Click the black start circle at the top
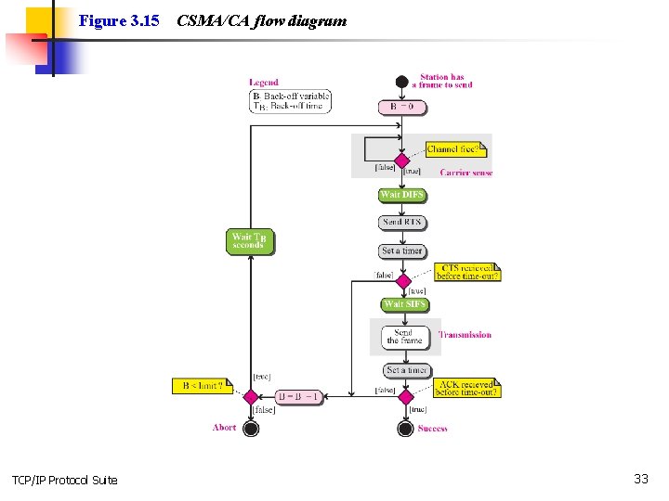coord(401,82)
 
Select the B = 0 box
coord(402,107)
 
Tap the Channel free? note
coord(453,148)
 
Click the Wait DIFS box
coord(402,195)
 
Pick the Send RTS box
coord(402,223)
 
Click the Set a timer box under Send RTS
coord(402,250)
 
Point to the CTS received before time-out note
coord(467,271)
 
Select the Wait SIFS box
coord(405,304)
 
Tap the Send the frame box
coord(405,337)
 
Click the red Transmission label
coord(465,335)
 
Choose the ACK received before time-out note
coord(467,387)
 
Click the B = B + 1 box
coord(299,397)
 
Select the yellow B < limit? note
coord(202,386)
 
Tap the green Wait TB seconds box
coord(250,241)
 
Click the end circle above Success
coord(405,428)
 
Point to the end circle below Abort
coord(250,428)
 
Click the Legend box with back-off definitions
coord(290,101)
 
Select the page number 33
coord(640,479)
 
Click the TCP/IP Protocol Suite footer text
coord(65,480)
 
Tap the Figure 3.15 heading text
coord(119,19)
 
